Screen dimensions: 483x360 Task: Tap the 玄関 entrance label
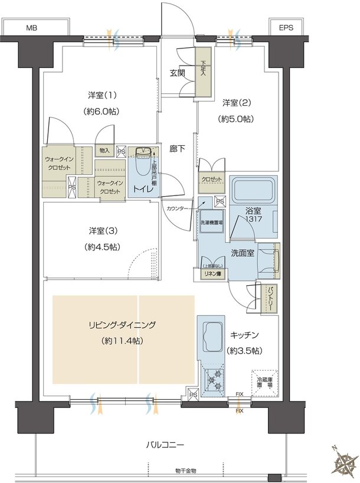[x=178, y=73]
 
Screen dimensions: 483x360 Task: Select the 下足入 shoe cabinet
[x=204, y=72]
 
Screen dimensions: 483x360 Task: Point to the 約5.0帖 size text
[x=237, y=119]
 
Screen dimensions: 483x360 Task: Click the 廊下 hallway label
[x=178, y=149]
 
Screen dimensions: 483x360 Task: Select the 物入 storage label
[x=104, y=151]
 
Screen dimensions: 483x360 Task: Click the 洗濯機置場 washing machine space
[x=210, y=221]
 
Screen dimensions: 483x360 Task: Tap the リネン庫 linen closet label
[x=210, y=273]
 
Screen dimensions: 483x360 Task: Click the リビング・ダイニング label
[x=122, y=325]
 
